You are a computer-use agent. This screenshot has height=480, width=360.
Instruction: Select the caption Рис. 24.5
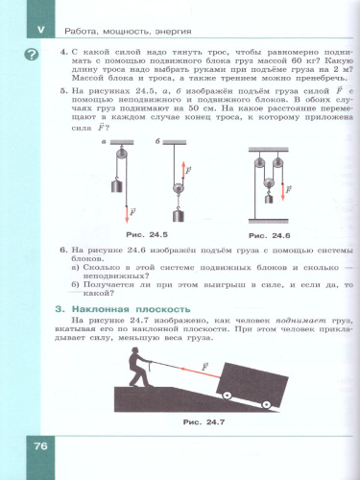pos(147,234)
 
